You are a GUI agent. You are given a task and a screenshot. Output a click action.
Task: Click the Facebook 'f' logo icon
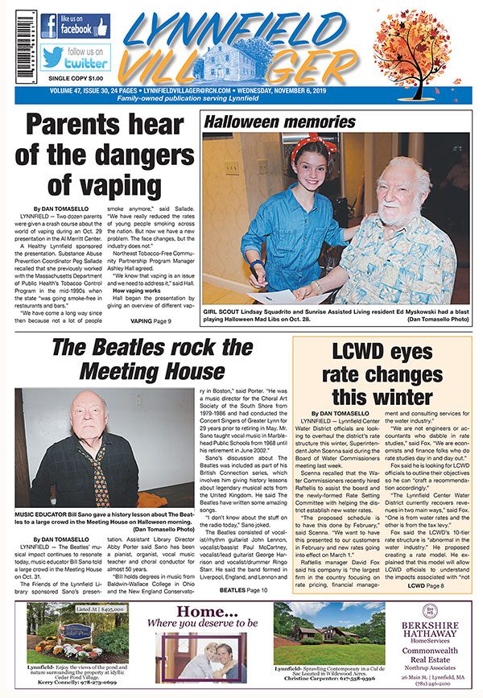tap(49, 26)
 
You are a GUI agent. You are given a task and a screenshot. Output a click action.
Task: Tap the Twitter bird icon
tap(54, 57)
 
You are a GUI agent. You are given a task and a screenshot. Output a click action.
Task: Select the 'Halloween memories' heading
tap(280, 122)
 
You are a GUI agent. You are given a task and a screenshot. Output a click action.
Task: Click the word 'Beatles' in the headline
tap(150, 348)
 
